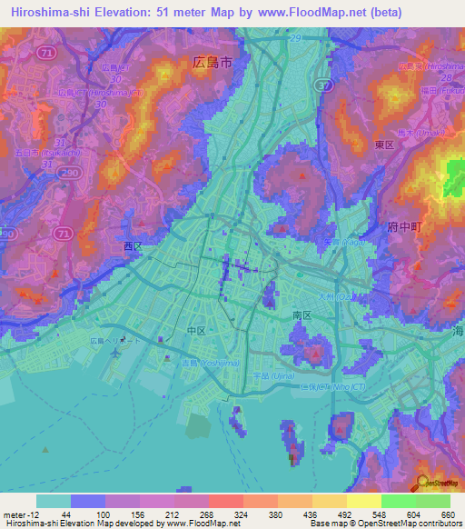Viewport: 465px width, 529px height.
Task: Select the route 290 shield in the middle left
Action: click(5, 234)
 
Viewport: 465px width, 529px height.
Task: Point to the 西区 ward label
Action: click(134, 245)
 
